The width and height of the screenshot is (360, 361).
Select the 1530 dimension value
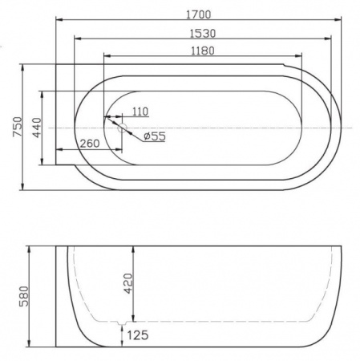[x=204, y=33]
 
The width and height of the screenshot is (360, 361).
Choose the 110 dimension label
[x=140, y=112]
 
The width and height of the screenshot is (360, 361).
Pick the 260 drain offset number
[x=90, y=144]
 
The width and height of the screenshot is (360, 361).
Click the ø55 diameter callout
[x=153, y=136]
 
